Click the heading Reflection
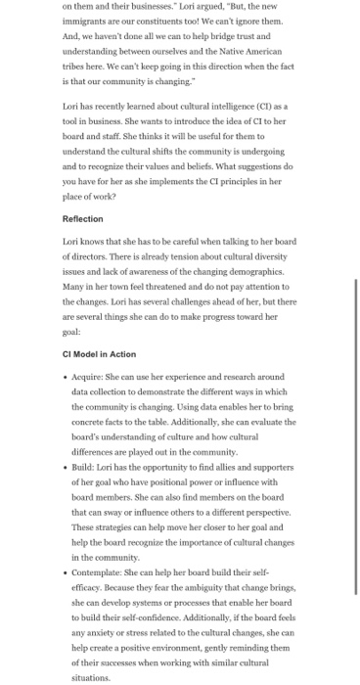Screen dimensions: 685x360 click(x=82, y=219)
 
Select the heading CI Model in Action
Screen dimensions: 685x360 click(x=99, y=353)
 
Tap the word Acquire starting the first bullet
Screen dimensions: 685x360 click(x=89, y=377)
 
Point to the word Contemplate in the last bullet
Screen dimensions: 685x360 click(x=99, y=569)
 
